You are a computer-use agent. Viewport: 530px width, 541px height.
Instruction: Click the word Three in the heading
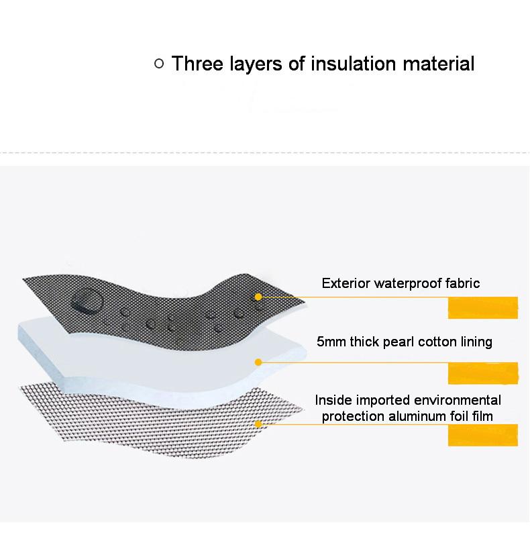(x=197, y=64)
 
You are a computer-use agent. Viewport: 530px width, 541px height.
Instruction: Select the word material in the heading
(x=439, y=64)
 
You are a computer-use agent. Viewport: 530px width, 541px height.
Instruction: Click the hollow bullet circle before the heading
(x=159, y=64)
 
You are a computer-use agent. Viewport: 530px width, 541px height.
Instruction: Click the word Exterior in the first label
(x=346, y=283)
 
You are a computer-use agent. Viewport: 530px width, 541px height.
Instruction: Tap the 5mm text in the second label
(x=331, y=342)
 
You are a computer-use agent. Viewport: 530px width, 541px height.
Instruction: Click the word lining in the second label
(x=476, y=342)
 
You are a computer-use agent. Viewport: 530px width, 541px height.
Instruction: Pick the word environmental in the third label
(x=458, y=400)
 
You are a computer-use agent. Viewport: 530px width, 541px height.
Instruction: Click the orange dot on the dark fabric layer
(x=258, y=297)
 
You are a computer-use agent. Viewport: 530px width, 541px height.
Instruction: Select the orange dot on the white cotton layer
(x=258, y=362)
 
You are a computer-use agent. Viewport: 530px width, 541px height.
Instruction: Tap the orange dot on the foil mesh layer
(x=258, y=424)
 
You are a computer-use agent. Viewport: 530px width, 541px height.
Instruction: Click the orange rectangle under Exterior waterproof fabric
(x=483, y=308)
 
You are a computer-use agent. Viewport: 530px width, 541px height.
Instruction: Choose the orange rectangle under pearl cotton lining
(x=483, y=373)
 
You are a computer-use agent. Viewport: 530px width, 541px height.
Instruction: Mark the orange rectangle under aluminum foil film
(x=483, y=435)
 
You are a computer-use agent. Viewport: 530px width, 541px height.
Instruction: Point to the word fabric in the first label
(x=463, y=283)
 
